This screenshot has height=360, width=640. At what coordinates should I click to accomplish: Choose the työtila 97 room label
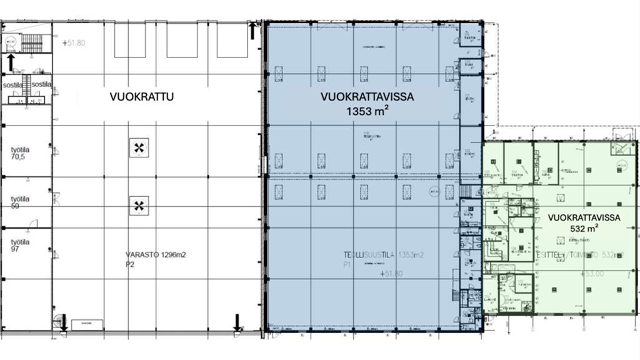(22, 246)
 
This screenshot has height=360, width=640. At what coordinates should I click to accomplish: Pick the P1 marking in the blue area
(347, 264)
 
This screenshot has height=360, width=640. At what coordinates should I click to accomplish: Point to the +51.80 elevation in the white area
(74, 43)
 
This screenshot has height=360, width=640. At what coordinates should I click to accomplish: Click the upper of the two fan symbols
(139, 148)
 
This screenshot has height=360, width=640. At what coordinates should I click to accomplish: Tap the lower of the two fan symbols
(139, 205)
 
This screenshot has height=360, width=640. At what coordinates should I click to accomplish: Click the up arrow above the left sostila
(11, 62)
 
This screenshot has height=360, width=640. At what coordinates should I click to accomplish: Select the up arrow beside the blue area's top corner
(252, 29)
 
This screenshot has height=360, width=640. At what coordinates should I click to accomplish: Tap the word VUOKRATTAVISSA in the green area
(583, 217)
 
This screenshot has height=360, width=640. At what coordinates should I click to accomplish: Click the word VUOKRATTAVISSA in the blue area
(367, 97)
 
